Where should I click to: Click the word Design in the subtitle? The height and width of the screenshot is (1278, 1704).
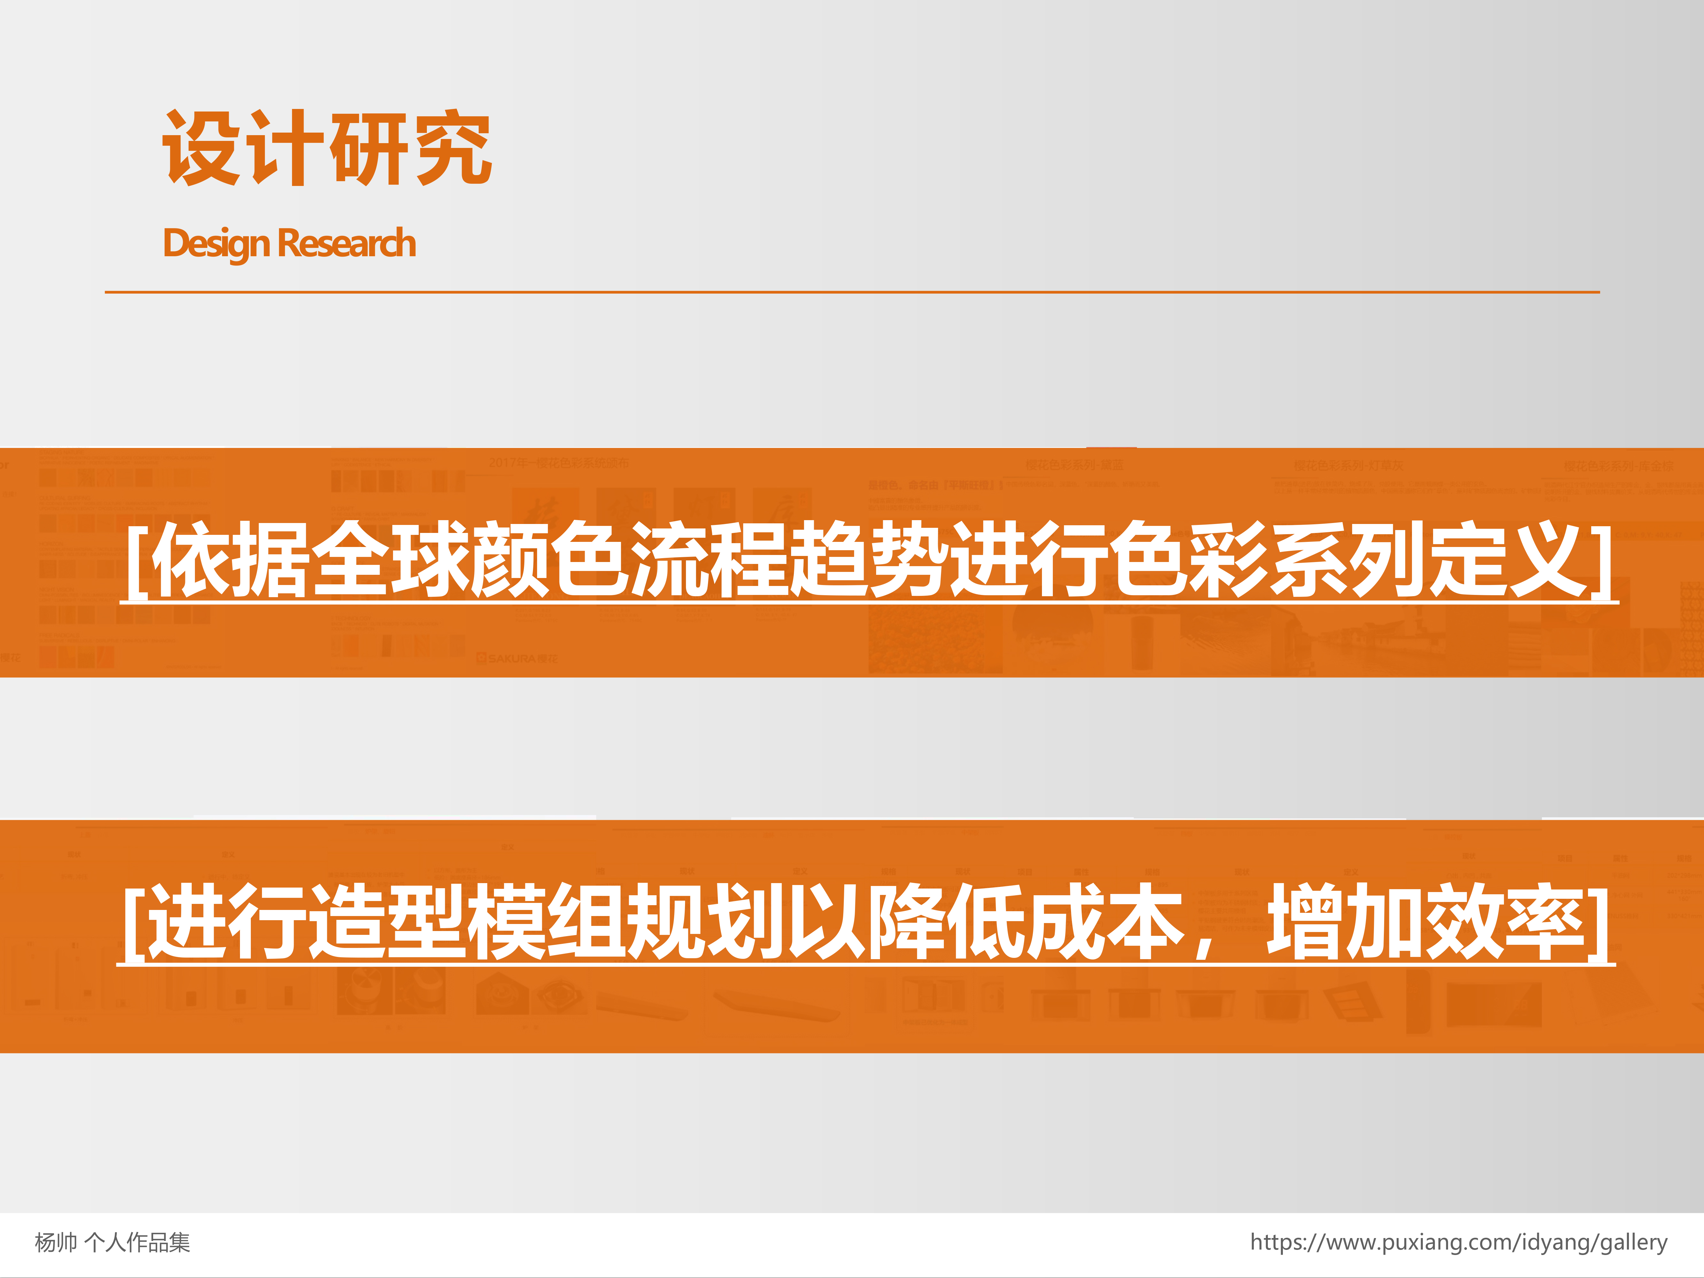click(x=216, y=243)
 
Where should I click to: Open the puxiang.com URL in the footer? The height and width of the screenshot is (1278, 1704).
click(x=1458, y=1242)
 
